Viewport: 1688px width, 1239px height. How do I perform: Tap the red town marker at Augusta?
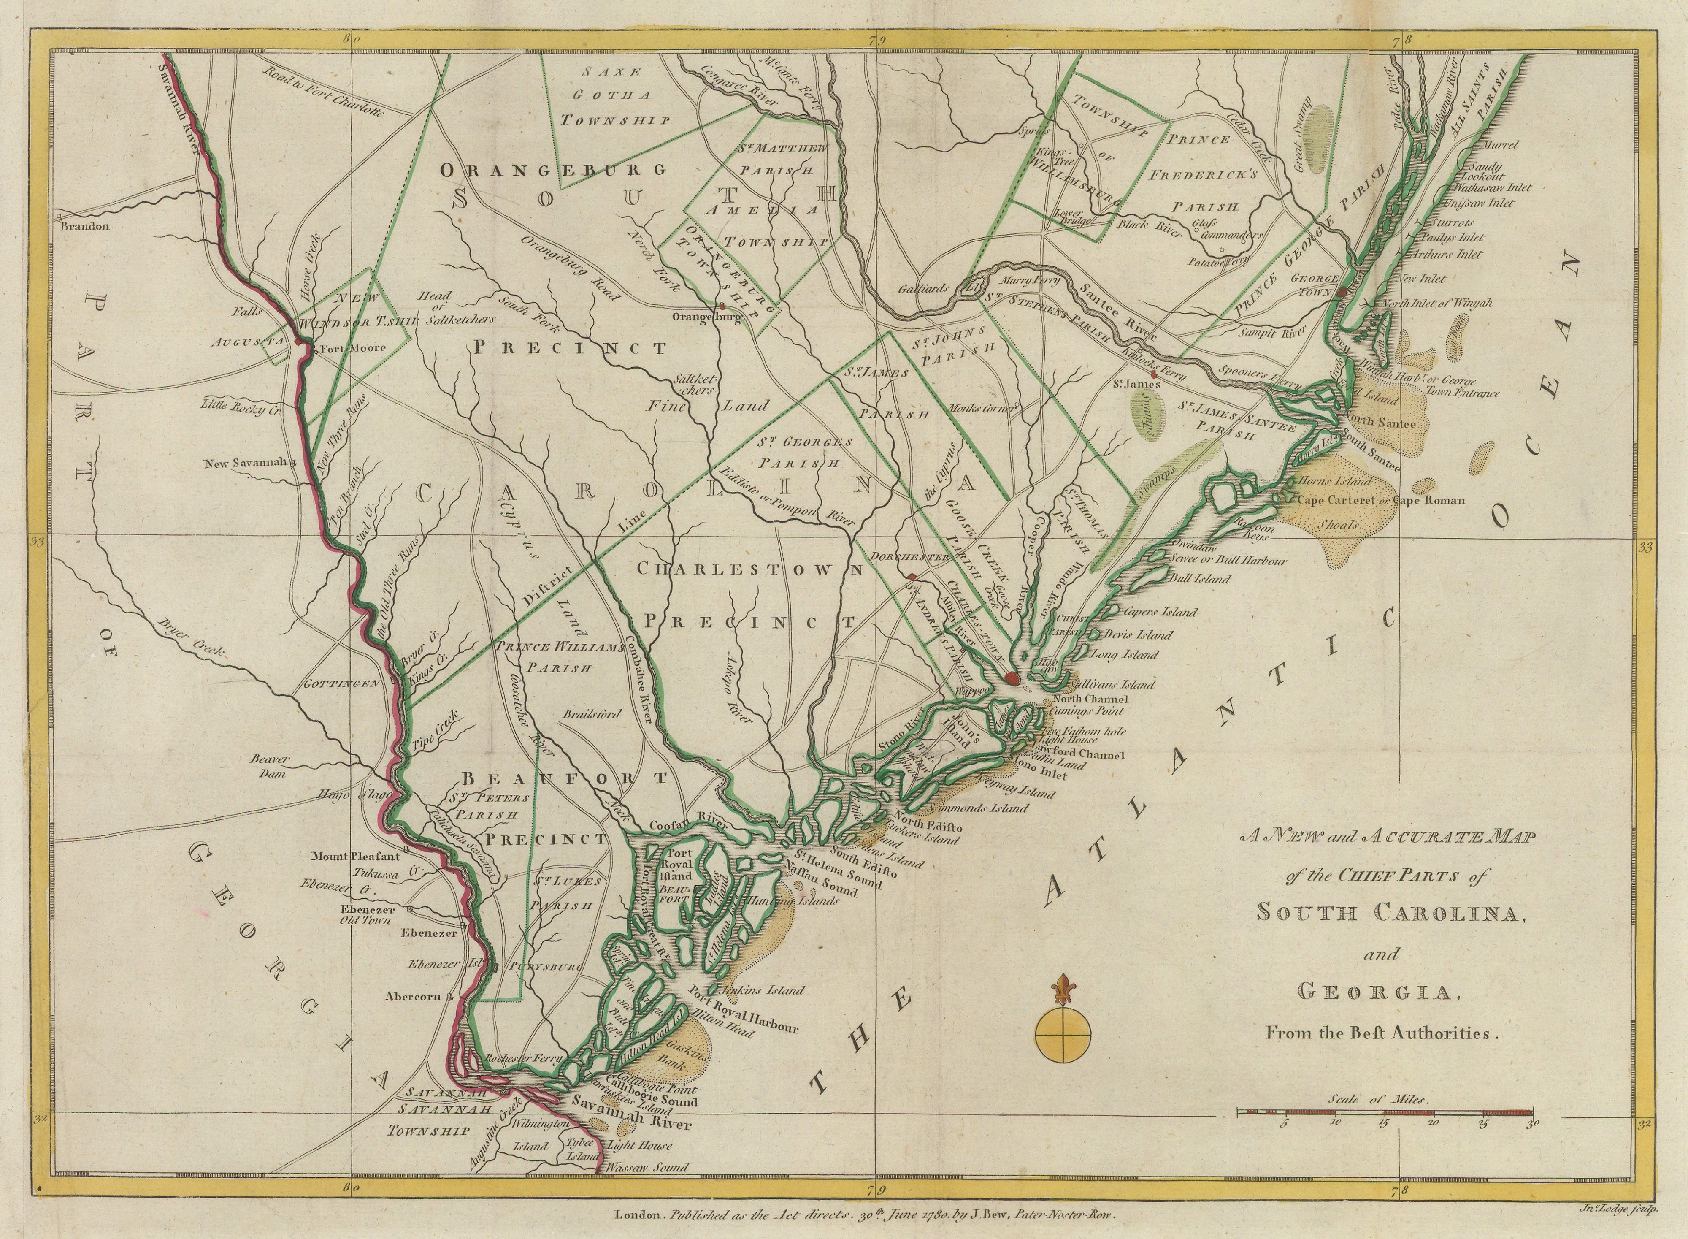point(298,341)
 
